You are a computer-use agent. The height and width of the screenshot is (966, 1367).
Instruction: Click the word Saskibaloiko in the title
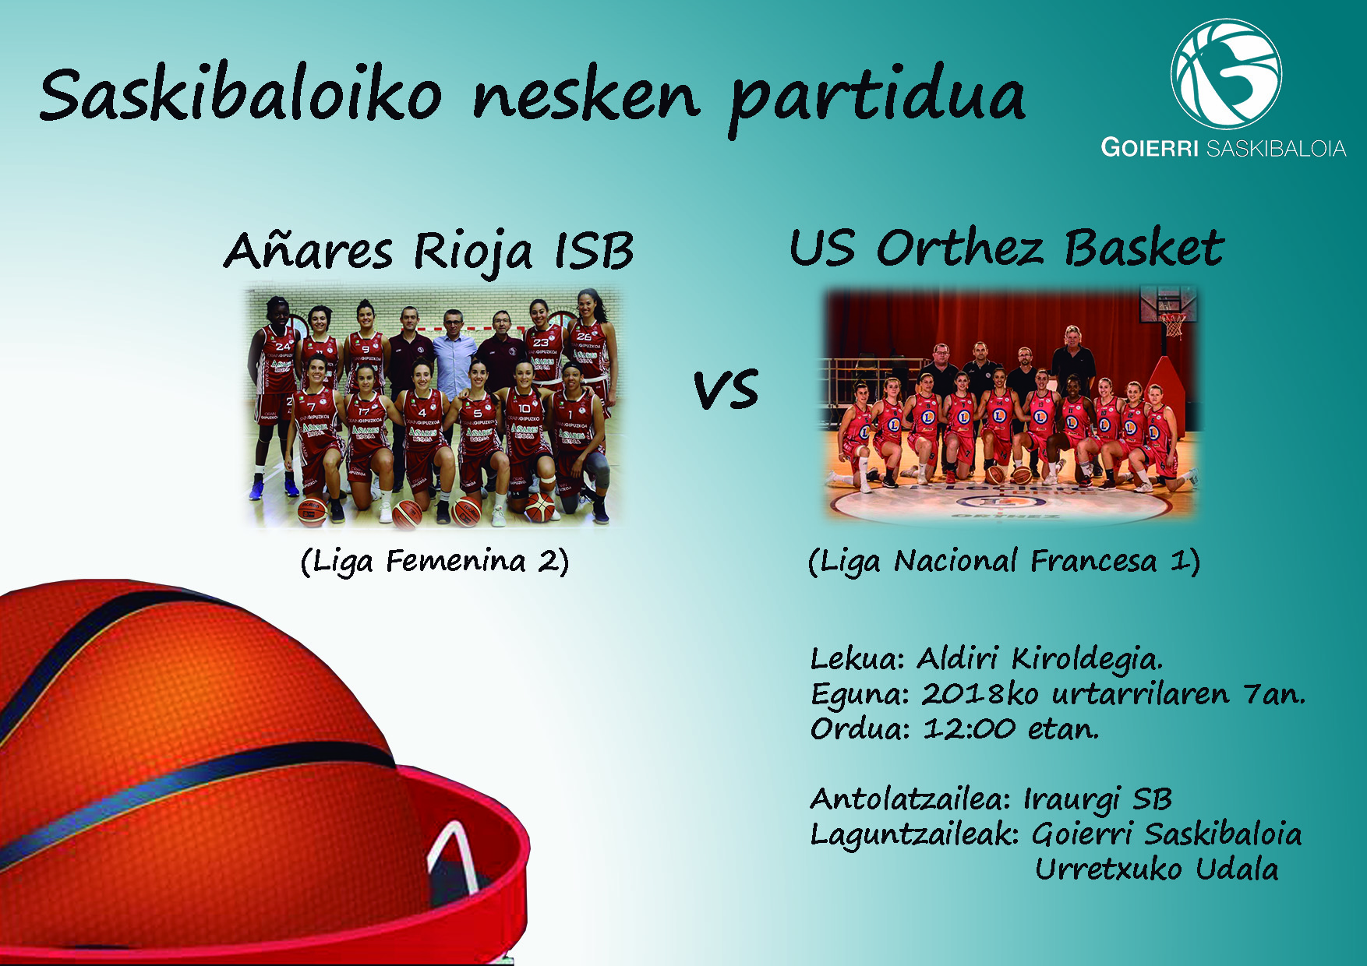[241, 94]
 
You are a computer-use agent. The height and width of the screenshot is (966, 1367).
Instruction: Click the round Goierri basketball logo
[1226, 74]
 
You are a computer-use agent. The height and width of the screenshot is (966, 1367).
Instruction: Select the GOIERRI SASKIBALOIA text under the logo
[1223, 148]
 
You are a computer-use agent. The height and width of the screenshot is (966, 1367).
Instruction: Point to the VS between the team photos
[726, 390]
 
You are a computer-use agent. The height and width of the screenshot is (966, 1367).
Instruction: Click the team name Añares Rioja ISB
[428, 251]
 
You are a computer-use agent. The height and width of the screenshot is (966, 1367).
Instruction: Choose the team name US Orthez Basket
[1006, 248]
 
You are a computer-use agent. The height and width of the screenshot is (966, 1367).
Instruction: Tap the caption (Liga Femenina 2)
[435, 561]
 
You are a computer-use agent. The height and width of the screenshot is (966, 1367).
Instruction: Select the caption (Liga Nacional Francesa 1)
[1004, 561]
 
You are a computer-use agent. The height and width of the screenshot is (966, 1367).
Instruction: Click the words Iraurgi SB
[1098, 799]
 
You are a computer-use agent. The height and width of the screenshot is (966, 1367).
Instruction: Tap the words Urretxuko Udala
[1157, 869]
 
